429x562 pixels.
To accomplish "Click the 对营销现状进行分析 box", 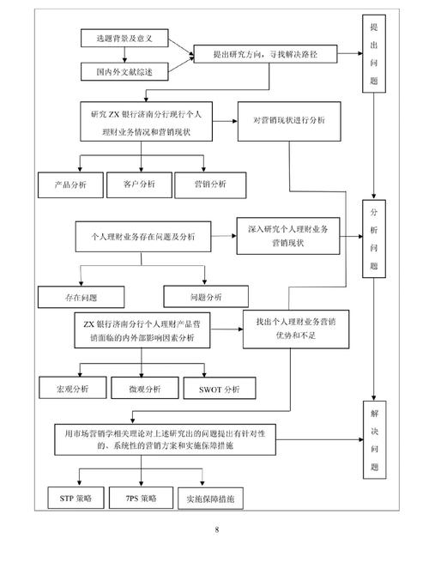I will point(288,121).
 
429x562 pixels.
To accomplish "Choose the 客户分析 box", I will point(136,184).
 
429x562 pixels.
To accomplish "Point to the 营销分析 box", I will point(206,184).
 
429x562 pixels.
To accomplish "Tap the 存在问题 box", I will point(81,297).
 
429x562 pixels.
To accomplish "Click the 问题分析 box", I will point(206,297).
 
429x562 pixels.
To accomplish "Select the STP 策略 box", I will point(75,498).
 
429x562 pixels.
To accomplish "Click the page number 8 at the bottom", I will point(217,529).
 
